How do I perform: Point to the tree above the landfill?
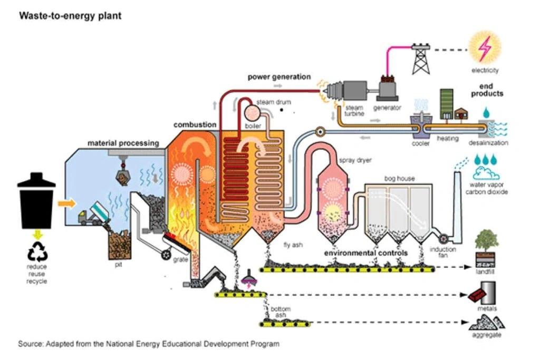486,241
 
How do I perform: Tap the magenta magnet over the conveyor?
247,279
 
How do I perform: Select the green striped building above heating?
447,104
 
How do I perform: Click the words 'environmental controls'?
365,253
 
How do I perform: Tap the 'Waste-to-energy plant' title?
70,16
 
